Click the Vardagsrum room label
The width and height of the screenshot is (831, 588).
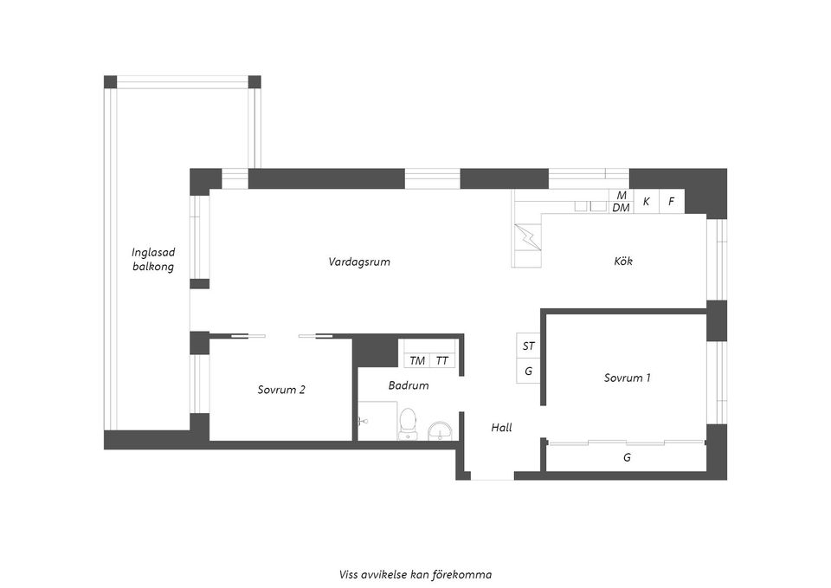(x=358, y=262)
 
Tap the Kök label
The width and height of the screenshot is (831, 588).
(x=623, y=261)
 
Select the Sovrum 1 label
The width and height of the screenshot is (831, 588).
(x=627, y=378)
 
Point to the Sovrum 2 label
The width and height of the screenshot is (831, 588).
(x=281, y=390)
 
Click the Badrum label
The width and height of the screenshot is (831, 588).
(x=408, y=385)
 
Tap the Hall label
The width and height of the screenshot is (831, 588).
(x=501, y=427)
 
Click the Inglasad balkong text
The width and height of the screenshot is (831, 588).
(x=153, y=259)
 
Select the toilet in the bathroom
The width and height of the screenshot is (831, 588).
(x=408, y=424)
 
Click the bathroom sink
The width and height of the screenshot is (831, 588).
(x=440, y=431)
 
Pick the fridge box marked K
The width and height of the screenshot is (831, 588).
(x=647, y=202)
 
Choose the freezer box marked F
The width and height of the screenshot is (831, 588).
(x=672, y=202)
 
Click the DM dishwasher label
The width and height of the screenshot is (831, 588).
(x=622, y=208)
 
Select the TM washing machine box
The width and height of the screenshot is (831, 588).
(x=417, y=360)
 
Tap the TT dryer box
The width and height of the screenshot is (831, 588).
(x=442, y=360)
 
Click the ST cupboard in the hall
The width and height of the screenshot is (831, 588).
(x=528, y=346)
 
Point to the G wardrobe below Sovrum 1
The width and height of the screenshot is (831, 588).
(x=627, y=457)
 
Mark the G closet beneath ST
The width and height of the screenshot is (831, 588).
(x=528, y=372)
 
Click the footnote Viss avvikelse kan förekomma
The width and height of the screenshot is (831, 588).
(x=415, y=575)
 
